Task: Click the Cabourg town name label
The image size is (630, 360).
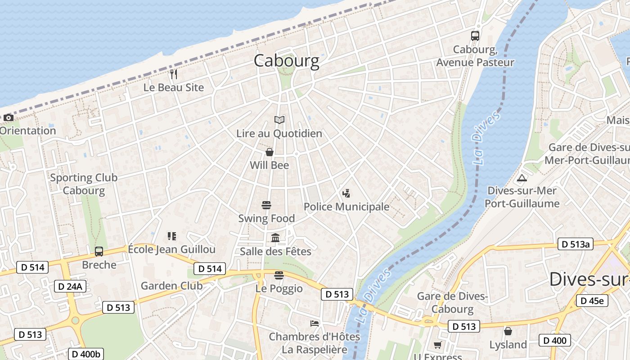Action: [286, 61]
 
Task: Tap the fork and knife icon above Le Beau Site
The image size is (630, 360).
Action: [174, 74]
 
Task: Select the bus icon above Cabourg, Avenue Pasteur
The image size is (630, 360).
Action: [475, 36]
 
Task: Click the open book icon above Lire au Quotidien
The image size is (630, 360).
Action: [279, 120]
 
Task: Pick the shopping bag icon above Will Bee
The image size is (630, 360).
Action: [270, 152]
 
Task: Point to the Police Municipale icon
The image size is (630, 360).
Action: [346, 194]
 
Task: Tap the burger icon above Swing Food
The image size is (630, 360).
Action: [266, 205]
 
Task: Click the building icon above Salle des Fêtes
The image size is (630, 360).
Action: [275, 238]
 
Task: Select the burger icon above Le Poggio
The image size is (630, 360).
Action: [279, 275]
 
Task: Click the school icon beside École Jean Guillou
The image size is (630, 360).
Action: [171, 236]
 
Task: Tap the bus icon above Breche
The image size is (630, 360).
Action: [99, 252]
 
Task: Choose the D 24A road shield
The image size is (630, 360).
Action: [70, 286]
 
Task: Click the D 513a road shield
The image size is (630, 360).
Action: [575, 244]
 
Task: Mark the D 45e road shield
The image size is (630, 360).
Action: [592, 301]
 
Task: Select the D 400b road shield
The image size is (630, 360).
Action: [85, 354]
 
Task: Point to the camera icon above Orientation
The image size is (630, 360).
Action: [8, 118]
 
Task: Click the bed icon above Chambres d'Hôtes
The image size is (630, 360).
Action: [315, 323]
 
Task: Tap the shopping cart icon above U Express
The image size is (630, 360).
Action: [437, 345]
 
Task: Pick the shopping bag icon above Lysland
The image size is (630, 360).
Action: [508, 331]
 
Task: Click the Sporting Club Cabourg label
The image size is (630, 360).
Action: [84, 184]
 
